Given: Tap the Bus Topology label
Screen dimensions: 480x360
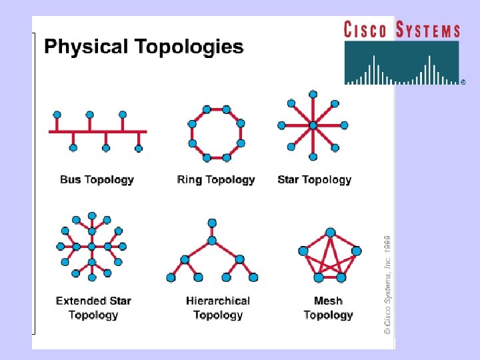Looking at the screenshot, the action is click(x=97, y=180).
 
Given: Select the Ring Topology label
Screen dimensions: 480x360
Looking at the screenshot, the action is click(x=216, y=180).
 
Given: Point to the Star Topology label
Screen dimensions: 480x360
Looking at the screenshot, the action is click(x=314, y=180).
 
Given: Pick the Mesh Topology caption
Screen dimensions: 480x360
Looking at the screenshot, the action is click(x=328, y=308).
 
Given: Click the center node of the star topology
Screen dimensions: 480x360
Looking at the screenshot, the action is click(x=313, y=125).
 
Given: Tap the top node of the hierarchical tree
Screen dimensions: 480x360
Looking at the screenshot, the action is click(x=212, y=223).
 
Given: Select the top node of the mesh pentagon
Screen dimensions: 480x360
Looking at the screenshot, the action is click(x=330, y=233).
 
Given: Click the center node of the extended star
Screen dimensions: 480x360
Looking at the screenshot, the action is click(x=92, y=247).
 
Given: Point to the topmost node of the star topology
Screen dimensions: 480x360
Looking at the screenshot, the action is click(x=313, y=94).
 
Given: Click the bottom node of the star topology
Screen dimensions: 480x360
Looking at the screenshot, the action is click(x=313, y=157).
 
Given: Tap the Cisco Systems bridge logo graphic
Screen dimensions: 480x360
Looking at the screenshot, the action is click(x=402, y=63).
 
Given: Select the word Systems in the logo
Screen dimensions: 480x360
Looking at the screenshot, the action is click(x=428, y=29).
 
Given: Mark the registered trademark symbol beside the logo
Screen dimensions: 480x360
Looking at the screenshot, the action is click(x=463, y=82).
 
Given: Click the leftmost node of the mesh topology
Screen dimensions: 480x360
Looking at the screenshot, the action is click(x=303, y=251).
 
